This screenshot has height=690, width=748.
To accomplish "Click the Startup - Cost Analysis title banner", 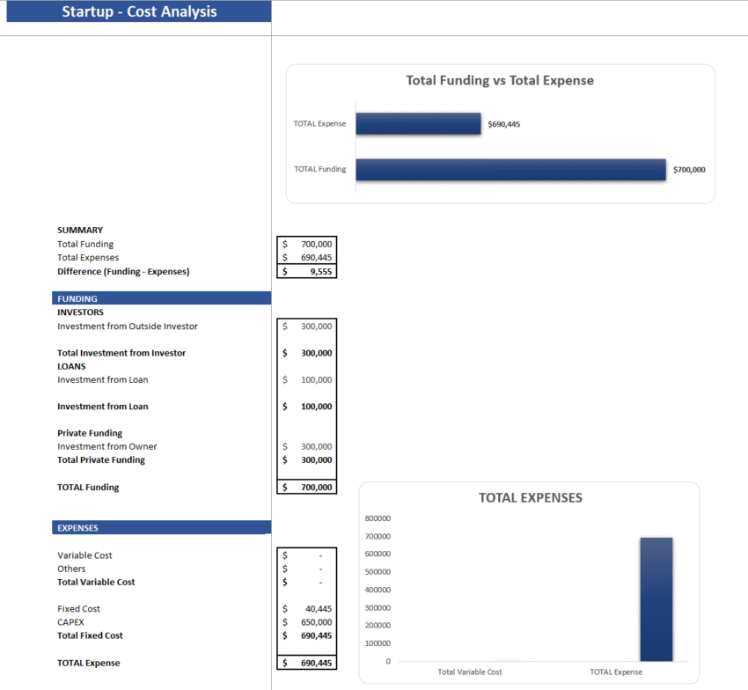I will (x=139, y=12).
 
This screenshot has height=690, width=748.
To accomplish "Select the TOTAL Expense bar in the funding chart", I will (x=418, y=124).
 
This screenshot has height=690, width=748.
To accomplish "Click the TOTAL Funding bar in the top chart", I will (x=510, y=170).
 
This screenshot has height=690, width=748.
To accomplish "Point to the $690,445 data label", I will (x=504, y=124).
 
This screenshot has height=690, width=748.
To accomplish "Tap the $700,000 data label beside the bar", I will (x=689, y=170).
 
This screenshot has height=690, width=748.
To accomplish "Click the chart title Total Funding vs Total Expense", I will (x=500, y=80).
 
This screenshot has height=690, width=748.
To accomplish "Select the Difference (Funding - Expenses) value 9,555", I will (x=316, y=272).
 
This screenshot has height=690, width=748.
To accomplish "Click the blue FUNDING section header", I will (x=161, y=298).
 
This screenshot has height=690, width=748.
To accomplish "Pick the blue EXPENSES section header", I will (x=161, y=528).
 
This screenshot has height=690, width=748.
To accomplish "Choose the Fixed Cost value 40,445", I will (x=318, y=609).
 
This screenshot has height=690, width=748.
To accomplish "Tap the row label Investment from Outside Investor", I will (x=128, y=327).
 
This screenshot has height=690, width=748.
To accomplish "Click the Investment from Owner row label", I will (x=107, y=446).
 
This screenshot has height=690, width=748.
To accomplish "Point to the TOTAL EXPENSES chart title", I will (x=531, y=497).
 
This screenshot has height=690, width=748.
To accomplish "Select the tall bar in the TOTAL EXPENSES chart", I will (x=656, y=599).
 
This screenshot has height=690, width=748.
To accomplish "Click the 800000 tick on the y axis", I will (x=378, y=518).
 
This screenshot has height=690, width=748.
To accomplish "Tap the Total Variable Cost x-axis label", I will (x=470, y=672).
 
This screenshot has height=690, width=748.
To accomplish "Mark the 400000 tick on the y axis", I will (x=378, y=590).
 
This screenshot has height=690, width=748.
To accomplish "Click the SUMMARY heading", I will (x=80, y=231).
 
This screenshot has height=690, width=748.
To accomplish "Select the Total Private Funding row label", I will (x=101, y=460).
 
